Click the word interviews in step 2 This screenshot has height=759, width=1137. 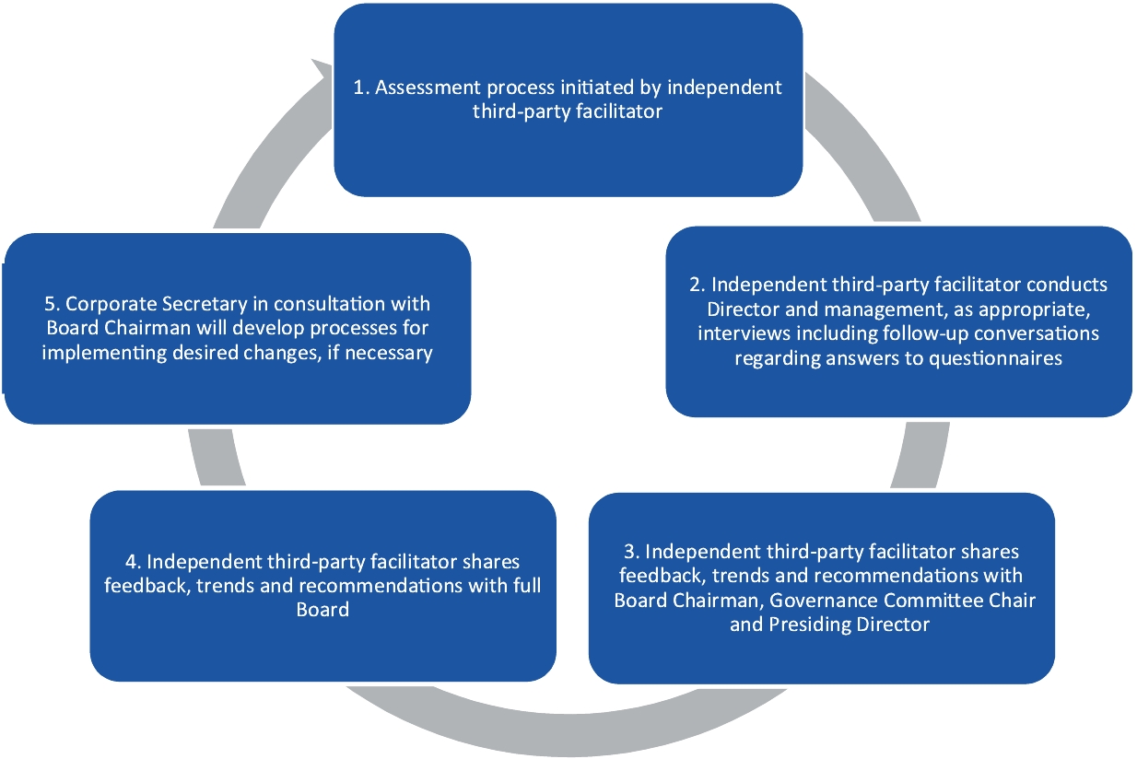pyautogui.click(x=738, y=333)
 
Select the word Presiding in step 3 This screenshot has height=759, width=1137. pyautogui.click(x=804, y=625)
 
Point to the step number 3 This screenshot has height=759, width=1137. pyautogui.click(x=630, y=552)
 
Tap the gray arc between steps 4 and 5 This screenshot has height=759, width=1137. pyautogui.click(x=208, y=457)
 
